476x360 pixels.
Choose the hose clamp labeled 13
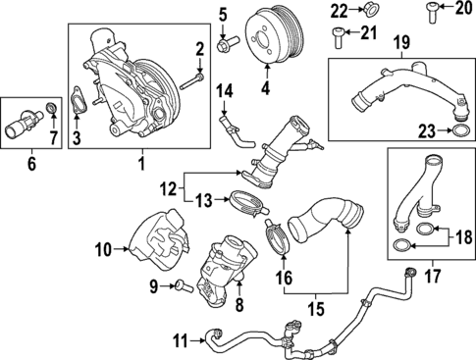click(x=251, y=204)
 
